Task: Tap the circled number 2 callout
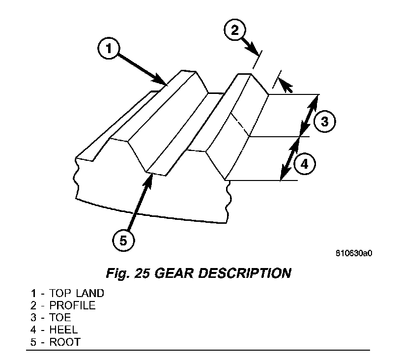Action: pyautogui.click(x=235, y=30)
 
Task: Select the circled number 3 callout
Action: pyautogui.click(x=324, y=120)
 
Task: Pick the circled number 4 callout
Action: pyautogui.click(x=305, y=164)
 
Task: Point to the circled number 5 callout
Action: pyautogui.click(x=123, y=240)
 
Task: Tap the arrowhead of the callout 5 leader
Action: pyautogui.click(x=149, y=178)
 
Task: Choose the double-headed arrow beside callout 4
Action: pyautogui.click(x=290, y=158)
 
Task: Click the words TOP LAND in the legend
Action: pyautogui.click(x=77, y=294)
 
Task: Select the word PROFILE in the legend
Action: pyautogui.click(x=72, y=306)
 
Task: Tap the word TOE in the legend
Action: pyautogui.click(x=60, y=318)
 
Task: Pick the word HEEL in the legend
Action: pyautogui.click(x=63, y=330)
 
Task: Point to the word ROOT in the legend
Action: pyautogui.click(x=64, y=342)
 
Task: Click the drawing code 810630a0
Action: pyautogui.click(x=354, y=254)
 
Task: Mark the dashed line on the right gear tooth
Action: pyautogui.click(x=241, y=123)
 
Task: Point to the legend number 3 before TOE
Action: pyautogui.click(x=33, y=318)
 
